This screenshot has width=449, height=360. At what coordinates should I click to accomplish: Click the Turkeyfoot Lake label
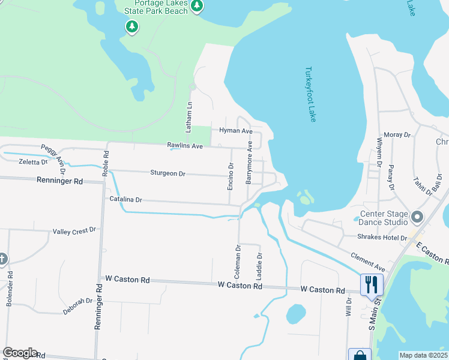[310, 94]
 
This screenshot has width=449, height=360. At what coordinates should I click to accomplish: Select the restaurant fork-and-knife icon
[372, 284]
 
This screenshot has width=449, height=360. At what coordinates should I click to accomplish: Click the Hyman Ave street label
[236, 131]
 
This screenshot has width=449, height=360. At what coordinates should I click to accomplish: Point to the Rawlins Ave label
[185, 146]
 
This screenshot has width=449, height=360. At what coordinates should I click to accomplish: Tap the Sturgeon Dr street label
[167, 173]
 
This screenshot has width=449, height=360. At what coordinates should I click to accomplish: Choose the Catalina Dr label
[125, 199]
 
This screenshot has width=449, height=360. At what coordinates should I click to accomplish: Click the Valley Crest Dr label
[74, 231]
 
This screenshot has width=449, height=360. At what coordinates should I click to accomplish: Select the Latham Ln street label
[188, 117]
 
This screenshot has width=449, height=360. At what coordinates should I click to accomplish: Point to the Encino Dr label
[231, 176]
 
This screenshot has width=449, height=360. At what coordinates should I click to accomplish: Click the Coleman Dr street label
[238, 260]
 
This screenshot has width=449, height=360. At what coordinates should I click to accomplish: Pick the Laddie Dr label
[259, 264]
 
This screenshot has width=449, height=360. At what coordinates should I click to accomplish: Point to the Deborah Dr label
[77, 306]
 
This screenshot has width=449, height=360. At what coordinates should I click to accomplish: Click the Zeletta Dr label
[33, 162]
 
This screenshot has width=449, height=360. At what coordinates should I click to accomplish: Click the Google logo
[20, 353]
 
